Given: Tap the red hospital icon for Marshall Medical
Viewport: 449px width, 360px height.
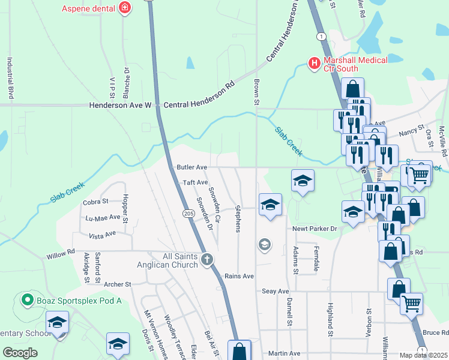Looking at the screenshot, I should [x=313, y=63].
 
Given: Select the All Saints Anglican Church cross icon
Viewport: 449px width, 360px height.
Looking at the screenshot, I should [x=207, y=260].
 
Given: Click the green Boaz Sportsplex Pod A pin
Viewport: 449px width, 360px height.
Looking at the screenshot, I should [x=26, y=299].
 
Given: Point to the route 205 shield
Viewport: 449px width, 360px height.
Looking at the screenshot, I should [x=187, y=213].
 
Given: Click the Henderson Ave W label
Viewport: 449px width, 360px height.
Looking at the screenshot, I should [x=119, y=105].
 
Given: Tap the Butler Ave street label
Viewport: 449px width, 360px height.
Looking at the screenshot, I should [x=191, y=167].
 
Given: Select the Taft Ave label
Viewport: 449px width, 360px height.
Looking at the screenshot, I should [x=195, y=182].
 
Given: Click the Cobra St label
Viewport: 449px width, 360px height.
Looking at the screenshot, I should [x=95, y=202].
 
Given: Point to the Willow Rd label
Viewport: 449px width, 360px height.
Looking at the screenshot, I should [x=61, y=255].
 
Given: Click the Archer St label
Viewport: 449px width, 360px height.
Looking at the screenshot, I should [x=117, y=284].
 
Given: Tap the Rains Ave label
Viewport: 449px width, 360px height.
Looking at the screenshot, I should [x=240, y=276].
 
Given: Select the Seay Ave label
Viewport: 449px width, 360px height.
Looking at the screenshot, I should [x=276, y=291].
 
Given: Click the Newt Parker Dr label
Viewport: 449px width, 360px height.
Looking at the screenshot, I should [x=315, y=229].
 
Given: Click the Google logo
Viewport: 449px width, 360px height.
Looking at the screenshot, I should [x=20, y=353].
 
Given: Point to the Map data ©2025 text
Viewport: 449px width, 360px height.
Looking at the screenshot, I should [x=423, y=355].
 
